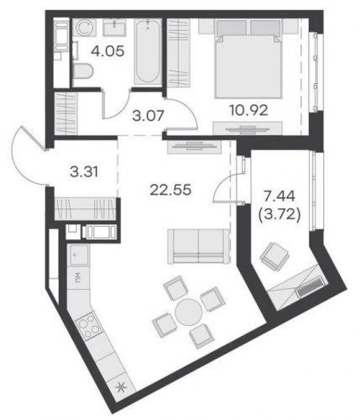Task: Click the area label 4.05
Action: coord(107,51)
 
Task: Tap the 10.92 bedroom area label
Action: coord(248,110)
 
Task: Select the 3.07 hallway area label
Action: coord(148,116)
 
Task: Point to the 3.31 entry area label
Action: coord(84,171)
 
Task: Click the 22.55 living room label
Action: coord(170,191)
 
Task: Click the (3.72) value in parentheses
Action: coord(279,215)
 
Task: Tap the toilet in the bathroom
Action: coord(83,71)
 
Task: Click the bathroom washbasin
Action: coord(116,28)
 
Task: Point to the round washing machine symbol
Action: coord(86,29)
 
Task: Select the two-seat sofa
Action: coord(198,246)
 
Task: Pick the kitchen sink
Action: coord(80,255)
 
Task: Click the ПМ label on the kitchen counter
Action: coord(78,277)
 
